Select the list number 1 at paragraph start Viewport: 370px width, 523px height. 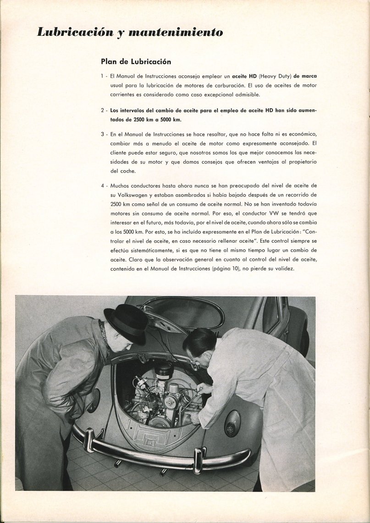click(x=102, y=76)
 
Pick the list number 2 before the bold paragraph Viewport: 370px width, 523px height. click(x=102, y=111)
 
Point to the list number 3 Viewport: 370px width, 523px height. click(x=102, y=134)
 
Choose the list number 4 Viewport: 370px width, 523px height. click(x=102, y=185)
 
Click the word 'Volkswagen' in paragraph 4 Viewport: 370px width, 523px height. click(x=125, y=194)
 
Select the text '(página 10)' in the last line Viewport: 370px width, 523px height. click(x=227, y=268)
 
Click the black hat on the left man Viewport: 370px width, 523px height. click(x=125, y=323)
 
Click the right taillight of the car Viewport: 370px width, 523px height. click(x=232, y=423)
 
